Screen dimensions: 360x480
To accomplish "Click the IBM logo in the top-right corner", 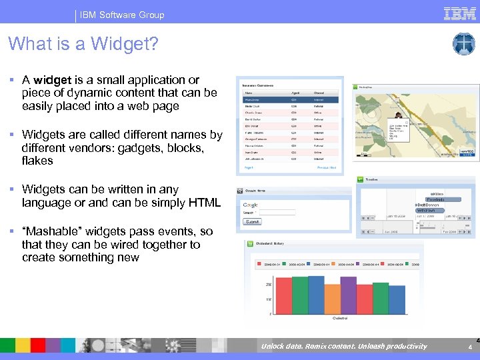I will click(x=460, y=13).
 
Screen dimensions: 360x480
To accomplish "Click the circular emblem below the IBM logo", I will click(x=463, y=44).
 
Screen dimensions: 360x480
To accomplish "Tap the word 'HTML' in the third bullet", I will click(x=205, y=203).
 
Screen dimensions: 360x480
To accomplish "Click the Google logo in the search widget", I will click(x=251, y=205).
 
